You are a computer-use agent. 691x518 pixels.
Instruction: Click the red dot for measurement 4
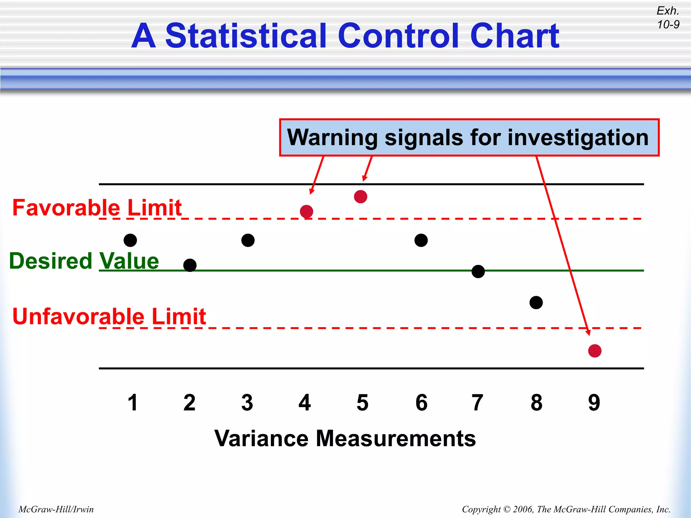point(306,211)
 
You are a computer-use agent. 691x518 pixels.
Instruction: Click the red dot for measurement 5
point(361,197)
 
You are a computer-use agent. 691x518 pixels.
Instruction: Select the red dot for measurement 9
point(595,351)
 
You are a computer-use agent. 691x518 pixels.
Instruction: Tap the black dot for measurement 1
point(130,240)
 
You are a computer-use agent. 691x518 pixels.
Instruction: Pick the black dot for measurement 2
point(190,265)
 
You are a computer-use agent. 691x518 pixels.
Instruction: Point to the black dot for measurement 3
point(248,240)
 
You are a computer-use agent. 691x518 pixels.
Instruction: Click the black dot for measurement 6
point(421,240)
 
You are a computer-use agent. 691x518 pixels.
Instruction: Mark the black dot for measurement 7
point(478,271)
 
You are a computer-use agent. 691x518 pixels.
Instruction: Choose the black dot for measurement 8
point(536,303)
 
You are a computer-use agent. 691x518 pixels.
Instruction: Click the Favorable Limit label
point(97,207)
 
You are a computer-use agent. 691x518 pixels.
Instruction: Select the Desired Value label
point(84,261)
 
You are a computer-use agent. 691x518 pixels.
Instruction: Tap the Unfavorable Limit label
point(109,316)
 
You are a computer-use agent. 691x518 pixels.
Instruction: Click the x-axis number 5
point(362,403)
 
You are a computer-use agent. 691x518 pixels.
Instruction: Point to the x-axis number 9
point(594,403)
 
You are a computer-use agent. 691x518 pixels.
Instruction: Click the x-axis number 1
point(133,403)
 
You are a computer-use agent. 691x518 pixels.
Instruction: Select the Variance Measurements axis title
point(345,438)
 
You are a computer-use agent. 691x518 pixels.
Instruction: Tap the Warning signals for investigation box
point(469,138)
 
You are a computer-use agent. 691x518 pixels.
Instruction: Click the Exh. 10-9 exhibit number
point(668,18)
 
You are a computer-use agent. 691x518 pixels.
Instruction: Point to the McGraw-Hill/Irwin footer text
point(56,509)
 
